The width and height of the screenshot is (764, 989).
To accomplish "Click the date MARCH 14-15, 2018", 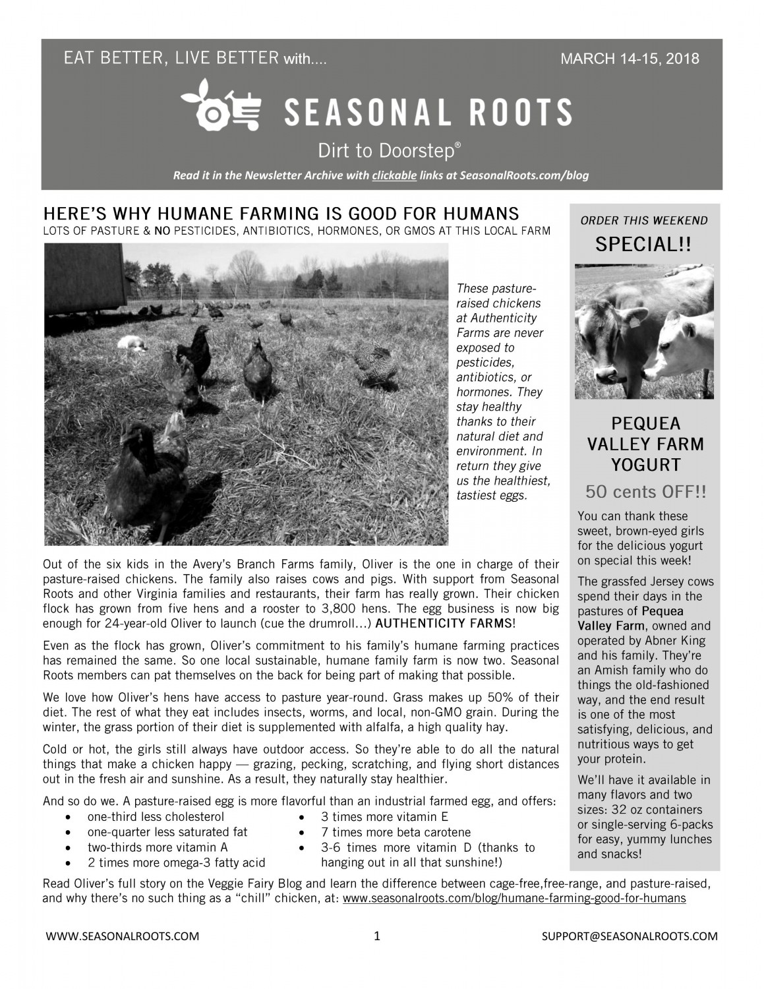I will tap(630, 59).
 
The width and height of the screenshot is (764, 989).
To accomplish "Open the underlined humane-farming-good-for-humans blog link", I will tap(514, 898).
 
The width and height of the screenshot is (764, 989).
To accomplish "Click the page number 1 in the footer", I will tap(376, 936).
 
